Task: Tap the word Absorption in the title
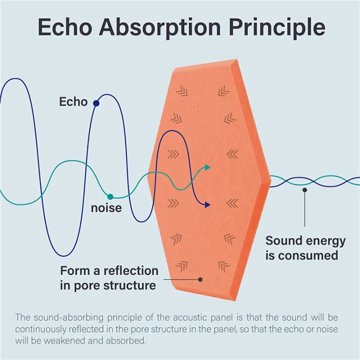[160, 28]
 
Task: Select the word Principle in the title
[276, 28]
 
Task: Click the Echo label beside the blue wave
[73, 101]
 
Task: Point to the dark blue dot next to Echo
[96, 103]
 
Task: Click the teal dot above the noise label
[110, 197]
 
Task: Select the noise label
[106, 208]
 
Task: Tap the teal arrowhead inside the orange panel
[207, 167]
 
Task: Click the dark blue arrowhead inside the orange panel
[207, 205]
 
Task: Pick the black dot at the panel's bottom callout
[200, 279]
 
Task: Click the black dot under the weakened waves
[304, 190]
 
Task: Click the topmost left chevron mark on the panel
[182, 91]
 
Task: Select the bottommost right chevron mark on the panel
[224, 266]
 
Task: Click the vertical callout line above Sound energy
[304, 208]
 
